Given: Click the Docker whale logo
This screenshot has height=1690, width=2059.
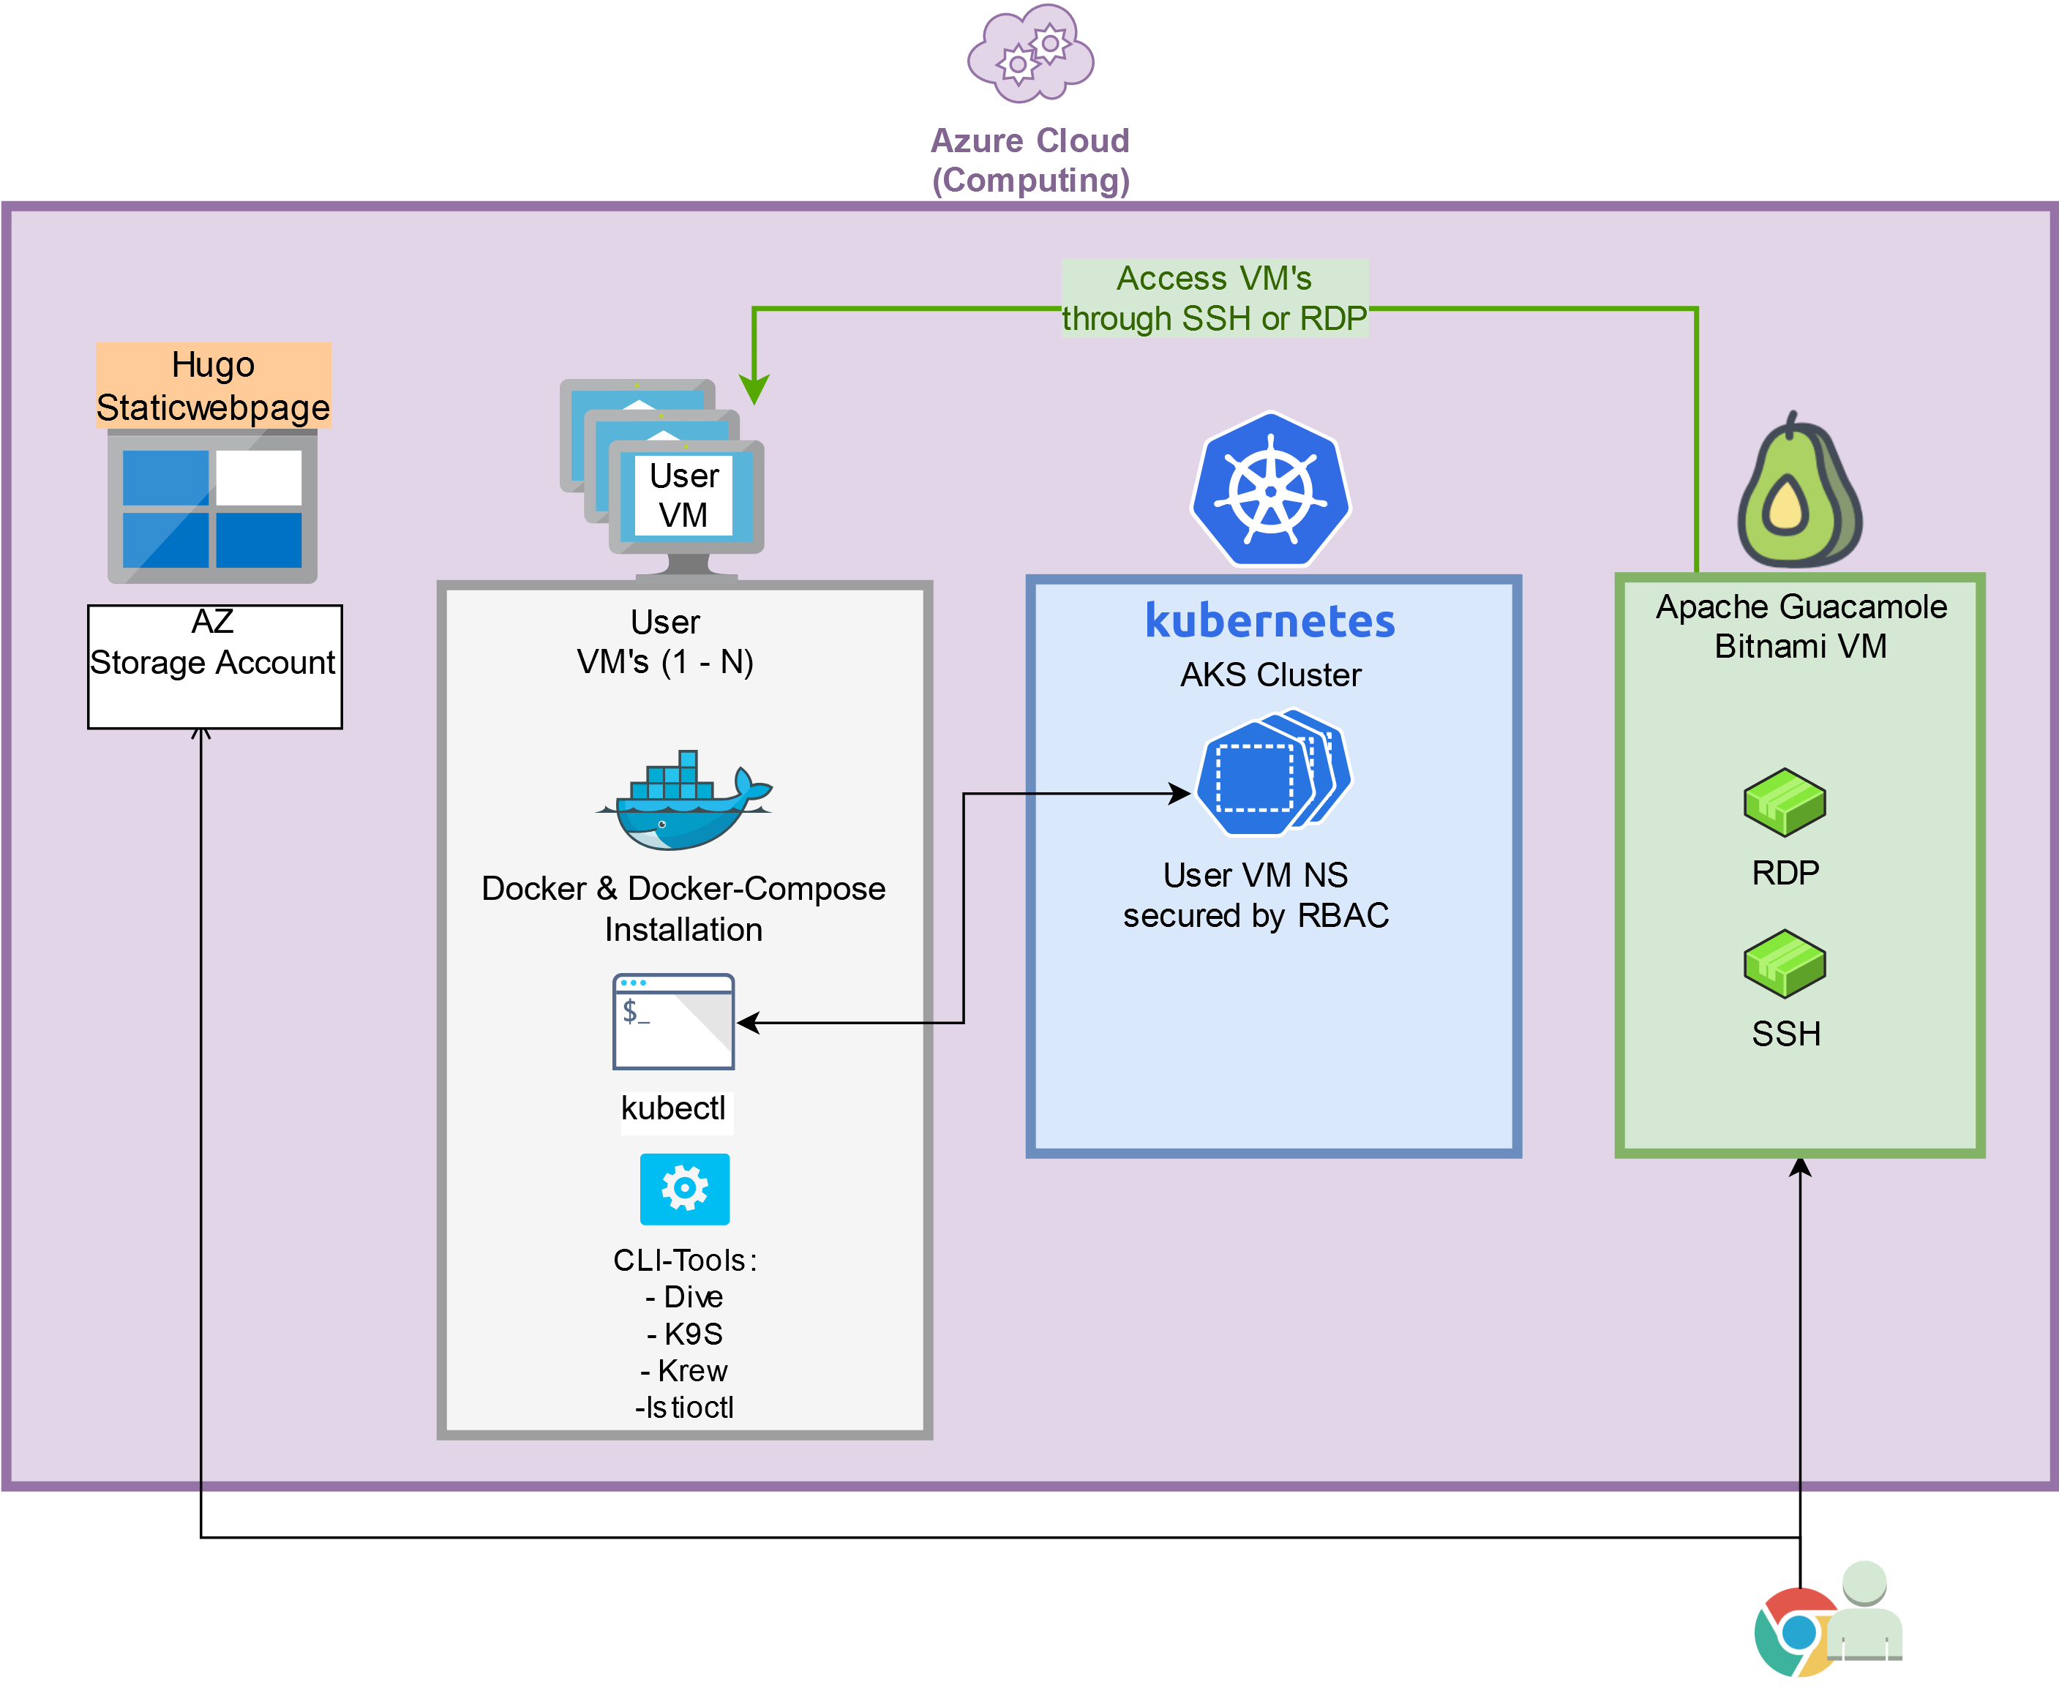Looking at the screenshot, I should click(684, 800).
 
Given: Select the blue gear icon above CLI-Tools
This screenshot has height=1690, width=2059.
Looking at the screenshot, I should click(684, 1189).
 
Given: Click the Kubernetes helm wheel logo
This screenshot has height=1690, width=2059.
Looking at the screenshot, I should click(1270, 489).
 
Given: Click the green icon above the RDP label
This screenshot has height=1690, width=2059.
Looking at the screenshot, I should click(1785, 802).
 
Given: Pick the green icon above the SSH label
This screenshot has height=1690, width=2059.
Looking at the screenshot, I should click(1785, 964).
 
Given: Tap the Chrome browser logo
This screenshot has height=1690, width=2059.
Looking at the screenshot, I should click(1796, 1631).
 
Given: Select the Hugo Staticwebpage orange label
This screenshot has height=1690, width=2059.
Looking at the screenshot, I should click(213, 386).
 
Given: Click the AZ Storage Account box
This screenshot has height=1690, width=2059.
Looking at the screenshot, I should click(214, 666).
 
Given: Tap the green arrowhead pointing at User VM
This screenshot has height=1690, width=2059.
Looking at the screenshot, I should click(754, 389).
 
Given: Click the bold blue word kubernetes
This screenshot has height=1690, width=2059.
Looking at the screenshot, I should click(1269, 621).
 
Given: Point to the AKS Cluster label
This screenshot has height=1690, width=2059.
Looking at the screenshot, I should click(1270, 675).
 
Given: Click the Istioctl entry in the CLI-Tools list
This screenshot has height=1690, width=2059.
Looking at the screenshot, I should click(684, 1408).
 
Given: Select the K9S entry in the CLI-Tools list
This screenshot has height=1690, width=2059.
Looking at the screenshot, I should click(684, 1334).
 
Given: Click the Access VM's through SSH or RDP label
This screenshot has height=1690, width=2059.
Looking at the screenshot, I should click(1214, 298).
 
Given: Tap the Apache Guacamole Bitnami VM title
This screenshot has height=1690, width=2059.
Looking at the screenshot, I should click(1801, 626).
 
